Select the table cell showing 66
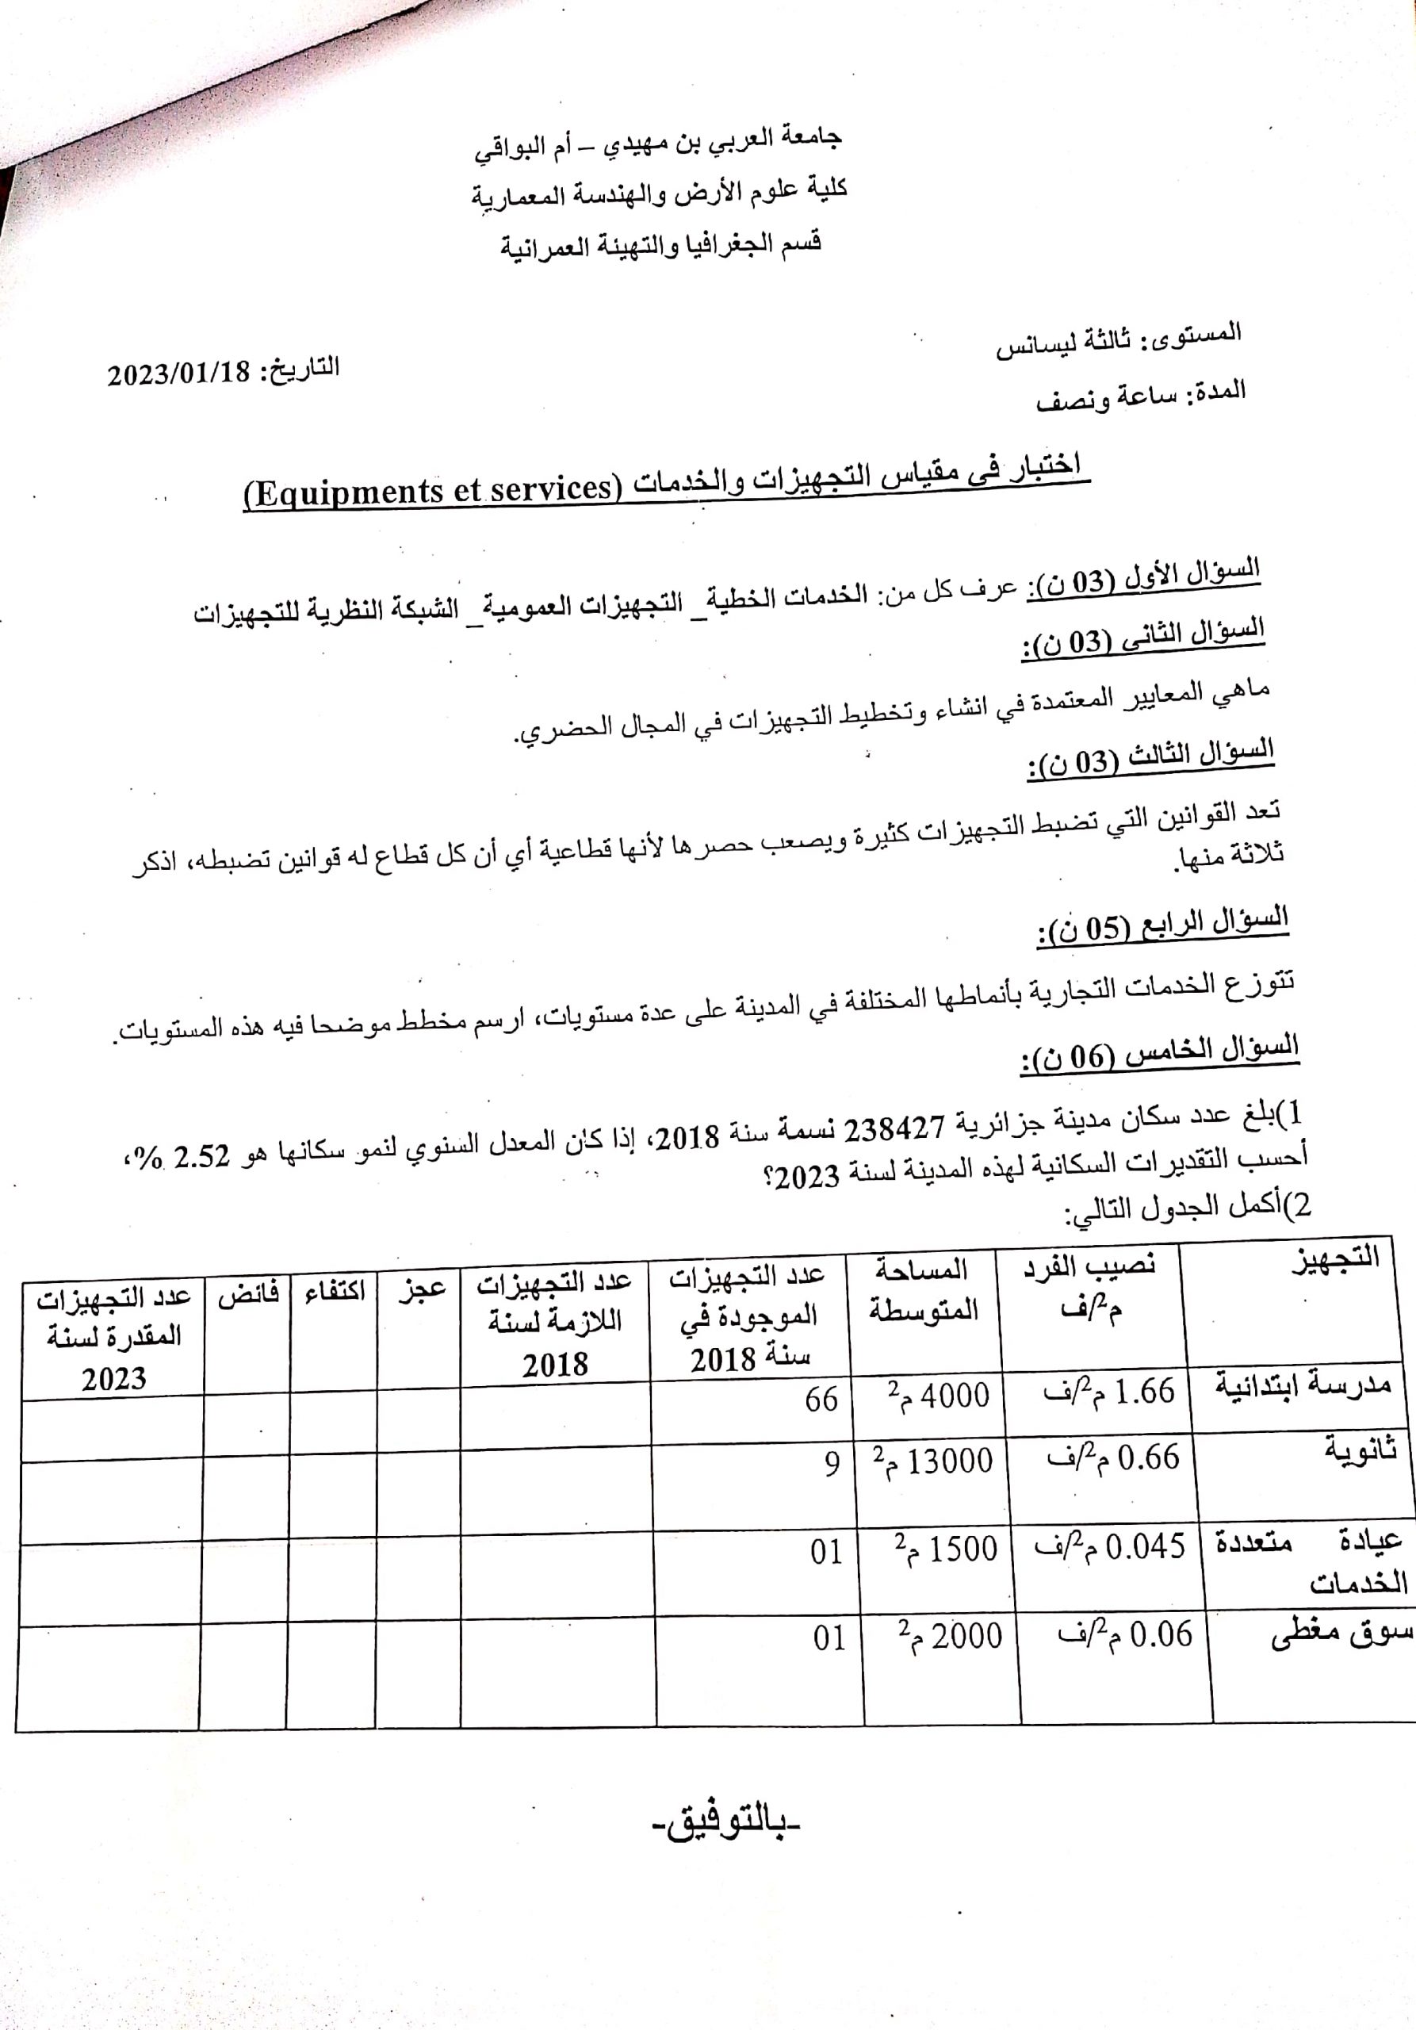click(x=821, y=1400)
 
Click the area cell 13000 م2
click(x=933, y=1461)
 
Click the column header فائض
click(x=248, y=1294)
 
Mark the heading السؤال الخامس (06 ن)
click(x=1160, y=1053)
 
